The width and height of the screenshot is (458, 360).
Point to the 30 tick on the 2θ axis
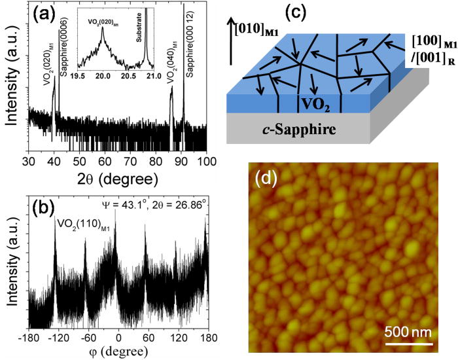tap(29, 162)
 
